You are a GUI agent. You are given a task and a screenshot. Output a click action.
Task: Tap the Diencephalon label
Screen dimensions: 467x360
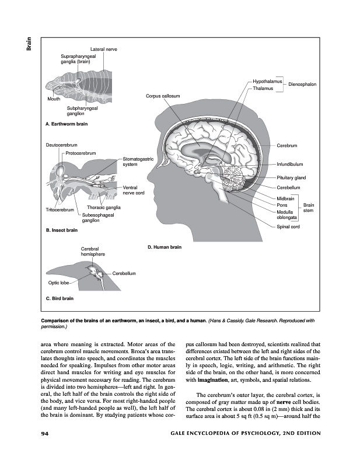tap(302, 85)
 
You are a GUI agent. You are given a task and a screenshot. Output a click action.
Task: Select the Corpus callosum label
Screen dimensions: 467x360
tap(162, 96)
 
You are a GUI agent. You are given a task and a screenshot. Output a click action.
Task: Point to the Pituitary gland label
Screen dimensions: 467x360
tap(291, 177)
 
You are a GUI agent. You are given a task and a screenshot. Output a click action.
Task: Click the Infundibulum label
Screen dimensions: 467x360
tap(289, 164)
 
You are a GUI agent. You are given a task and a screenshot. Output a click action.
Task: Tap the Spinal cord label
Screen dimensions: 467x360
tap(288, 226)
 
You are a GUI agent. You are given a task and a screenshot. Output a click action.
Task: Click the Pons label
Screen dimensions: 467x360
tap(281, 205)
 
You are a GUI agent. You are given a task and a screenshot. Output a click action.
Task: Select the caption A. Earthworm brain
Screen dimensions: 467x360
tap(66, 124)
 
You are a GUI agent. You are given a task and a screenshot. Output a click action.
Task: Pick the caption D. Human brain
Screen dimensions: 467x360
tap(165, 247)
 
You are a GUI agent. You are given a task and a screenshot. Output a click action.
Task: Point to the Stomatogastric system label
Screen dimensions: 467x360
tap(138, 162)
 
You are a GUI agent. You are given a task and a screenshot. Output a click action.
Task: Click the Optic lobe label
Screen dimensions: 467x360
tap(58, 283)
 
